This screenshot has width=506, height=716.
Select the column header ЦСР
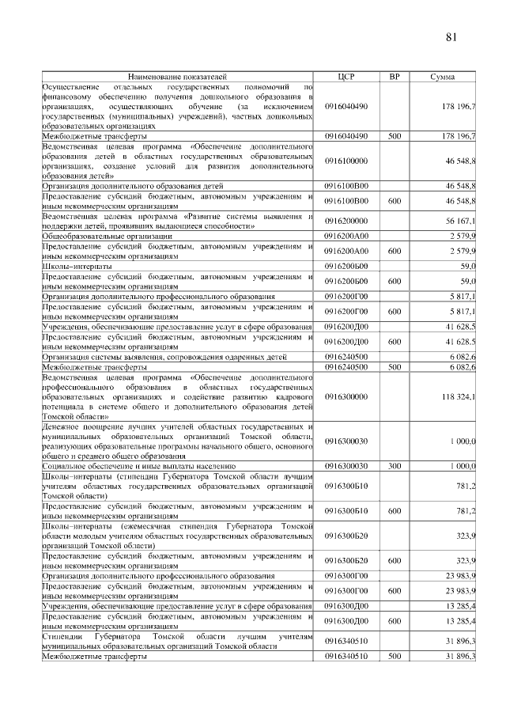tap(346, 77)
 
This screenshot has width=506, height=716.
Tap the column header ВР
tap(395, 77)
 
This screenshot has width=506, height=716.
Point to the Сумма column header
tap(442, 77)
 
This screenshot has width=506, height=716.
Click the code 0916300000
tap(346, 396)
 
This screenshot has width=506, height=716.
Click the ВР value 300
tap(395, 467)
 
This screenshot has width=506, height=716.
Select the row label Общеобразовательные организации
tap(108, 236)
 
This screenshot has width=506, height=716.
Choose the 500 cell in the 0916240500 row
tap(395, 367)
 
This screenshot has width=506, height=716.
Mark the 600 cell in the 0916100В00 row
tap(395, 202)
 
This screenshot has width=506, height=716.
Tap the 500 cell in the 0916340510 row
tap(395, 657)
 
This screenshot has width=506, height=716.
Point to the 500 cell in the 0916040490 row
tap(395, 136)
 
